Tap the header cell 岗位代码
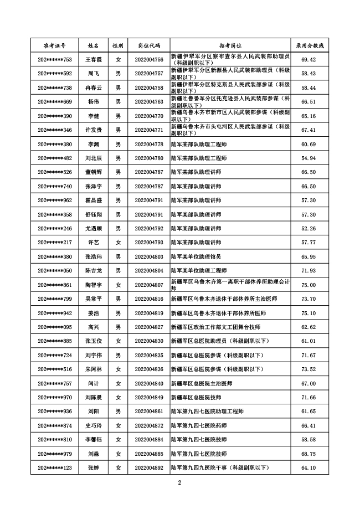pos(149,45)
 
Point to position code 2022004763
pos(149,102)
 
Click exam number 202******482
pos(55,158)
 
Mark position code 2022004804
pos(149,271)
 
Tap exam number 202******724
pos(55,356)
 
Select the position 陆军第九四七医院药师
pos(199,426)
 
